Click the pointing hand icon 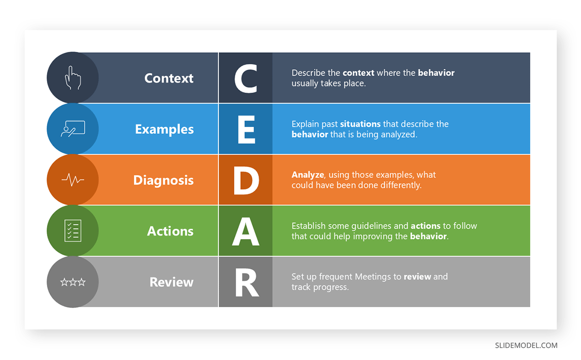[73, 78]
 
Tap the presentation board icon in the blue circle [73, 129]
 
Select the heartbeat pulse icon [73, 180]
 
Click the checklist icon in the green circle [73, 231]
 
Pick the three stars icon [73, 282]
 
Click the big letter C [245, 78]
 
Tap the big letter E [246, 129]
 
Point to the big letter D [246, 180]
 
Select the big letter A [246, 231]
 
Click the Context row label [169, 78]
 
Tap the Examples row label [164, 129]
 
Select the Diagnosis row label [163, 180]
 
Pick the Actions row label [170, 231]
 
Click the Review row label [171, 282]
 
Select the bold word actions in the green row [426, 226]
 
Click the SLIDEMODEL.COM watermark [526, 345]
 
